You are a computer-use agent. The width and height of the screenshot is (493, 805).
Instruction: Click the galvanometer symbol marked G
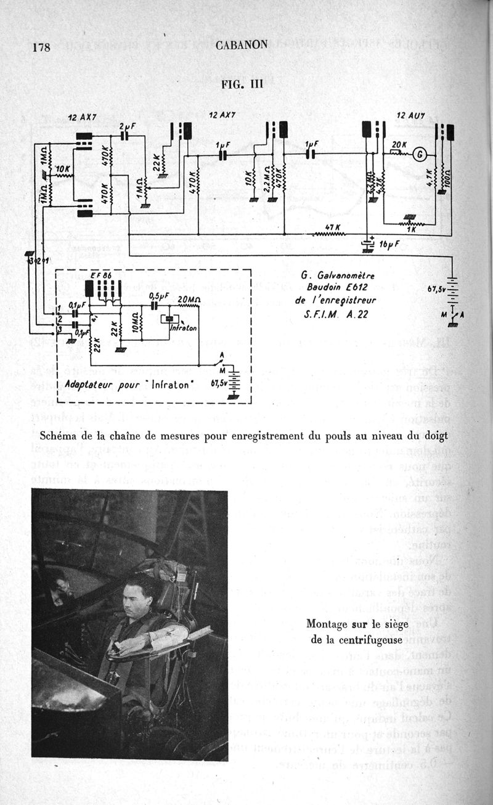pyautogui.click(x=419, y=155)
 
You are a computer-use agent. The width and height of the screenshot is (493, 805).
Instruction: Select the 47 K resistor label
pyautogui.click(x=333, y=227)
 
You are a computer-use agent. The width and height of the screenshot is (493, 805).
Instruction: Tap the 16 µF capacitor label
pyautogui.click(x=390, y=244)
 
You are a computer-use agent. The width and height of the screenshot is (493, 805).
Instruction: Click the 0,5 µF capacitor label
pyautogui.click(x=158, y=296)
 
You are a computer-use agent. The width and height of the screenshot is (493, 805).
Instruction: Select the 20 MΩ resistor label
pyautogui.click(x=189, y=300)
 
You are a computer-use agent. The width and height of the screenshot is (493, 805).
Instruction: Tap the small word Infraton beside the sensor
pyautogui.click(x=184, y=329)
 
